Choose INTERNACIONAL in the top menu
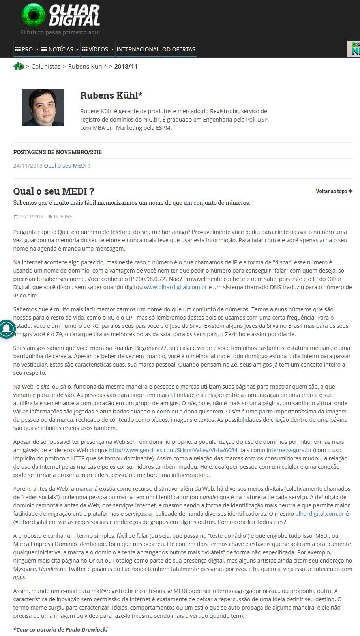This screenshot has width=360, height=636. click(138, 49)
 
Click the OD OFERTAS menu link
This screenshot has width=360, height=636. click(179, 49)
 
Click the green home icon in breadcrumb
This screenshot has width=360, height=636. click(19, 66)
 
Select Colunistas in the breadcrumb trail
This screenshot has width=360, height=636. click(46, 67)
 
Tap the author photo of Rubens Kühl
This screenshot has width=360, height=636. click(43, 107)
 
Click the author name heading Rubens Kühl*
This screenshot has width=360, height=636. click(111, 95)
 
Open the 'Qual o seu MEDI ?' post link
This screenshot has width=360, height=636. click(67, 166)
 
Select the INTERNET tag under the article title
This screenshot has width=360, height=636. click(64, 217)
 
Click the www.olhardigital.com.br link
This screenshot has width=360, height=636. click(175, 287)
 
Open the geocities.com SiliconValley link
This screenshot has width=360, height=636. click(173, 450)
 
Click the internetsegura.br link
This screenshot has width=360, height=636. click(289, 450)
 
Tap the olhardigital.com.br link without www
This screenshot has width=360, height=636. click(320, 514)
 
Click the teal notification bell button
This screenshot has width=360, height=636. click(6, 328)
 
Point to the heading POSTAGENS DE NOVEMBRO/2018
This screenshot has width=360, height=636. click(58, 152)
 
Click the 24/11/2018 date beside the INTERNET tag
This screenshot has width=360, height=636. click(31, 217)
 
